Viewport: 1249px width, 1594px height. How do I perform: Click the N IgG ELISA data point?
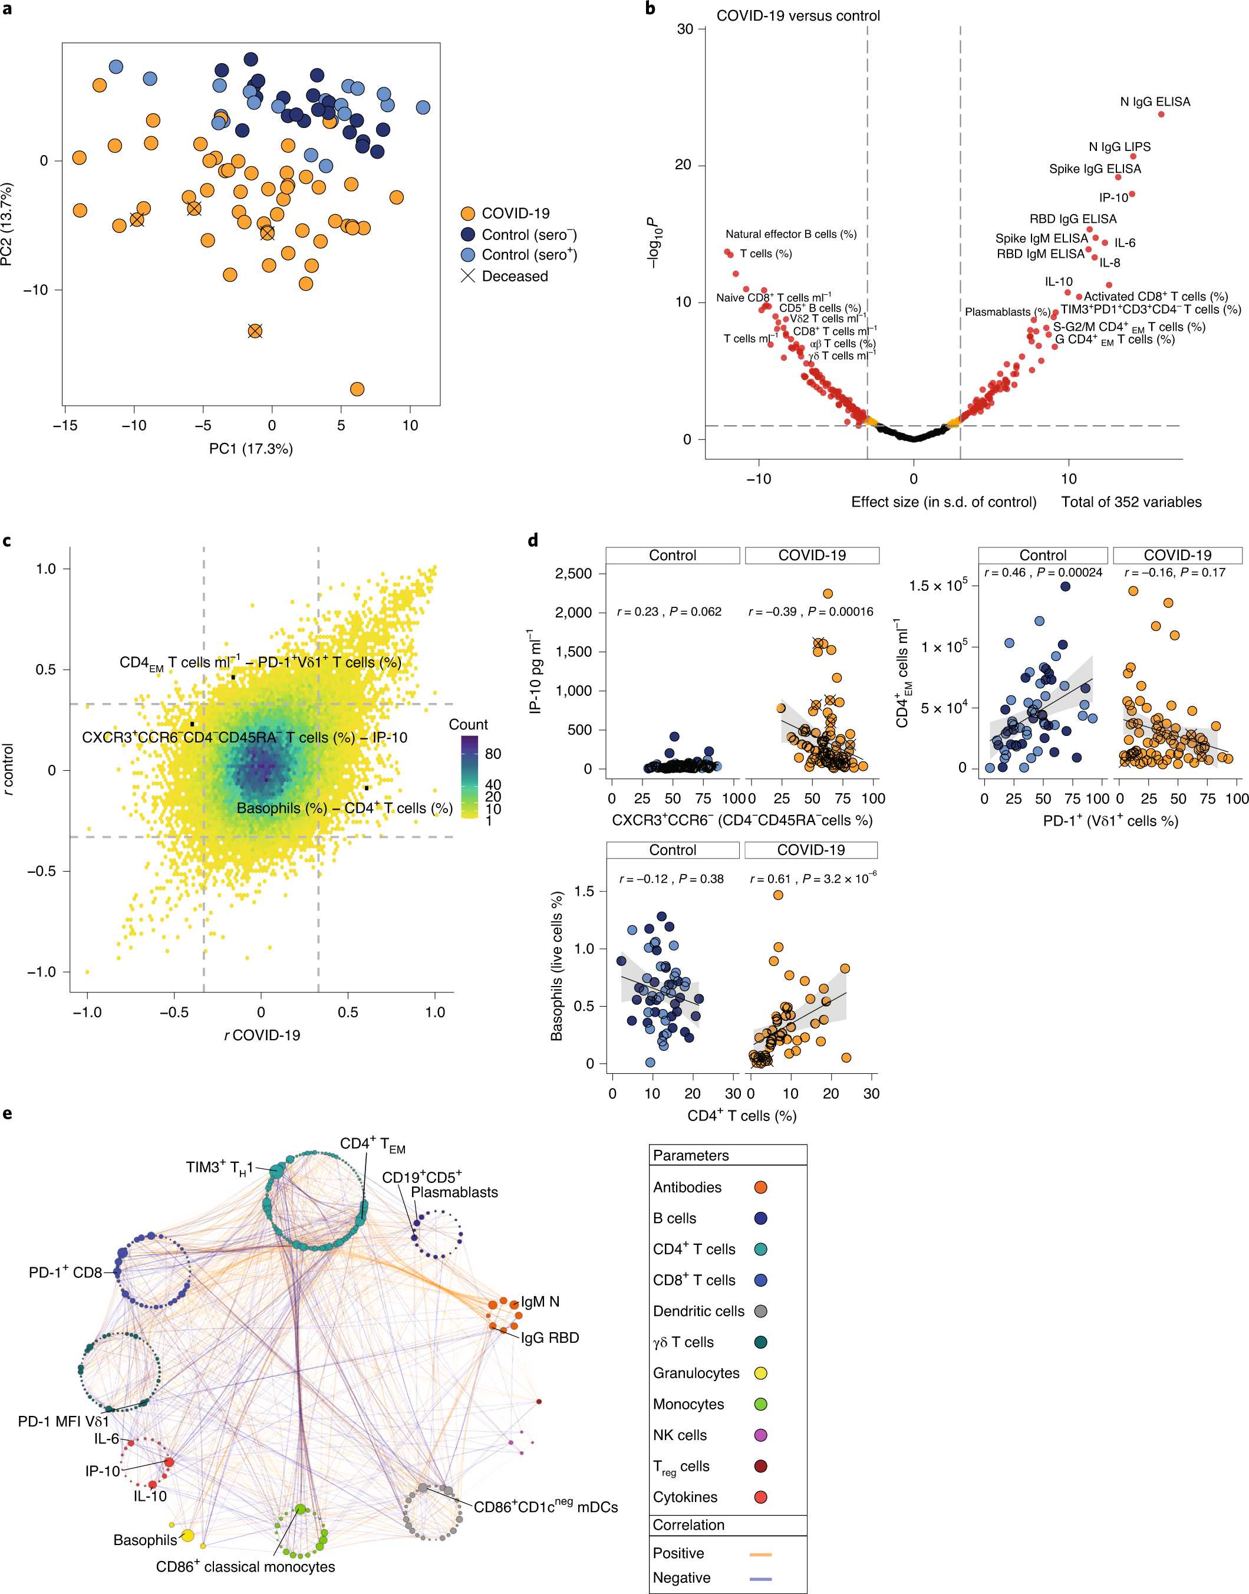click(1161, 114)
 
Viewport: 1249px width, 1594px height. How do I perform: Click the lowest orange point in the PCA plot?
click(357, 389)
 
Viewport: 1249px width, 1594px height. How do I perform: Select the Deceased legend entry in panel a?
click(505, 276)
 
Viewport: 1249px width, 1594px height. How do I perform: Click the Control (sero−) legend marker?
click(468, 234)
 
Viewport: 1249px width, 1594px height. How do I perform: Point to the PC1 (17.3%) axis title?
click(251, 448)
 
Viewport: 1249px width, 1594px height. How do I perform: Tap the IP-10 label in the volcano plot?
click(1113, 198)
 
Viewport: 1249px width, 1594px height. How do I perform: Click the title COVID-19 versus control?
click(798, 15)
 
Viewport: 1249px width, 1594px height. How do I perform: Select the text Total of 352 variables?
click(1131, 502)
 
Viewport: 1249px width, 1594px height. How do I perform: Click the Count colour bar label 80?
click(493, 754)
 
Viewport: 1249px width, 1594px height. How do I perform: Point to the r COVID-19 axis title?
click(262, 1035)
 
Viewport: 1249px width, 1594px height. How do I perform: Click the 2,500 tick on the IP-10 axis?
click(574, 574)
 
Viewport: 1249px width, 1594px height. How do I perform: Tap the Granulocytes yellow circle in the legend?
click(760, 1373)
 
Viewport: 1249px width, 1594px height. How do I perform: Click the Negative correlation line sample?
click(760, 1578)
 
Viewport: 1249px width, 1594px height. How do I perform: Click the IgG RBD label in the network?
click(550, 1338)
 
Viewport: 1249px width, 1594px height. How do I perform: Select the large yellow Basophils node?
click(187, 1536)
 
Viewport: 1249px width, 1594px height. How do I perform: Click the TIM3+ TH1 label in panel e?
click(219, 1168)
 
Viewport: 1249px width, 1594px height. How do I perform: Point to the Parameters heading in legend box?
click(690, 1155)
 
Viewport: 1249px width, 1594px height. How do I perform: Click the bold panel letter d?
click(533, 541)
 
